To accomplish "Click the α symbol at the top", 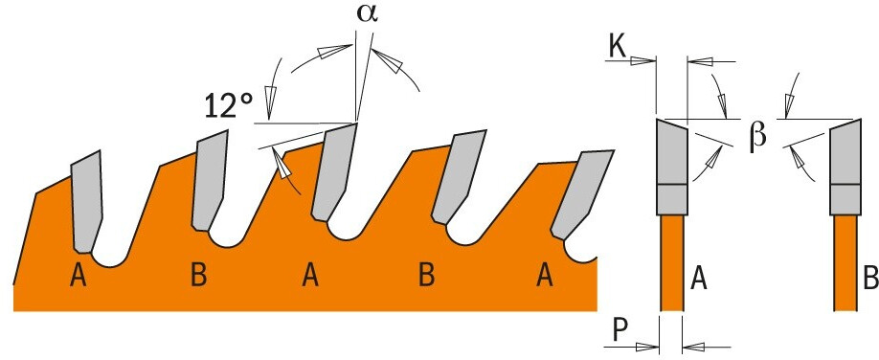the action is tap(367, 14).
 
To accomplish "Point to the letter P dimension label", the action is tap(618, 331).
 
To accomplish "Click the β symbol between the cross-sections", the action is tap(757, 136).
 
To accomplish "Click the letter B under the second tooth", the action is tap(198, 276).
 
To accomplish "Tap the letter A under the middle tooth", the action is tap(311, 276).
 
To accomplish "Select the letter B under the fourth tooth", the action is tap(426, 276).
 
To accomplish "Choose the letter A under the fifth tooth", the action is tap(543, 276).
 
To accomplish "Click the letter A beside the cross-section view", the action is tap(698, 279).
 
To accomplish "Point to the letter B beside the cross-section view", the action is tap(870, 279).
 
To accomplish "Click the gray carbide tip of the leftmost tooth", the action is tap(87, 202).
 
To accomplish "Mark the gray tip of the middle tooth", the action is tap(335, 171).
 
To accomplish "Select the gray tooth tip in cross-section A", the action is tap(671, 168).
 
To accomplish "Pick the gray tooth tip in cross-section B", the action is tap(845, 168).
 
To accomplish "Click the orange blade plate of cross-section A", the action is tap(671, 262).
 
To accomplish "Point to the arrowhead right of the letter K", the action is tap(643, 61).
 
